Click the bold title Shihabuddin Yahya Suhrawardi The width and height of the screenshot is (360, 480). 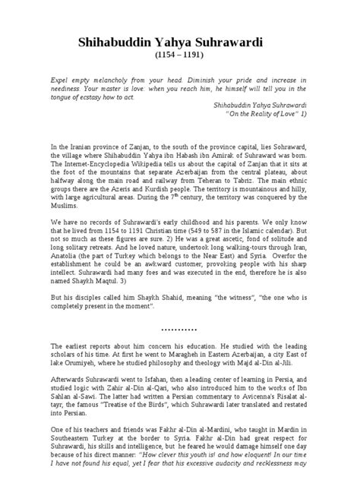pos(180,43)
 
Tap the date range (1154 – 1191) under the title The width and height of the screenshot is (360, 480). pos(180,56)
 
